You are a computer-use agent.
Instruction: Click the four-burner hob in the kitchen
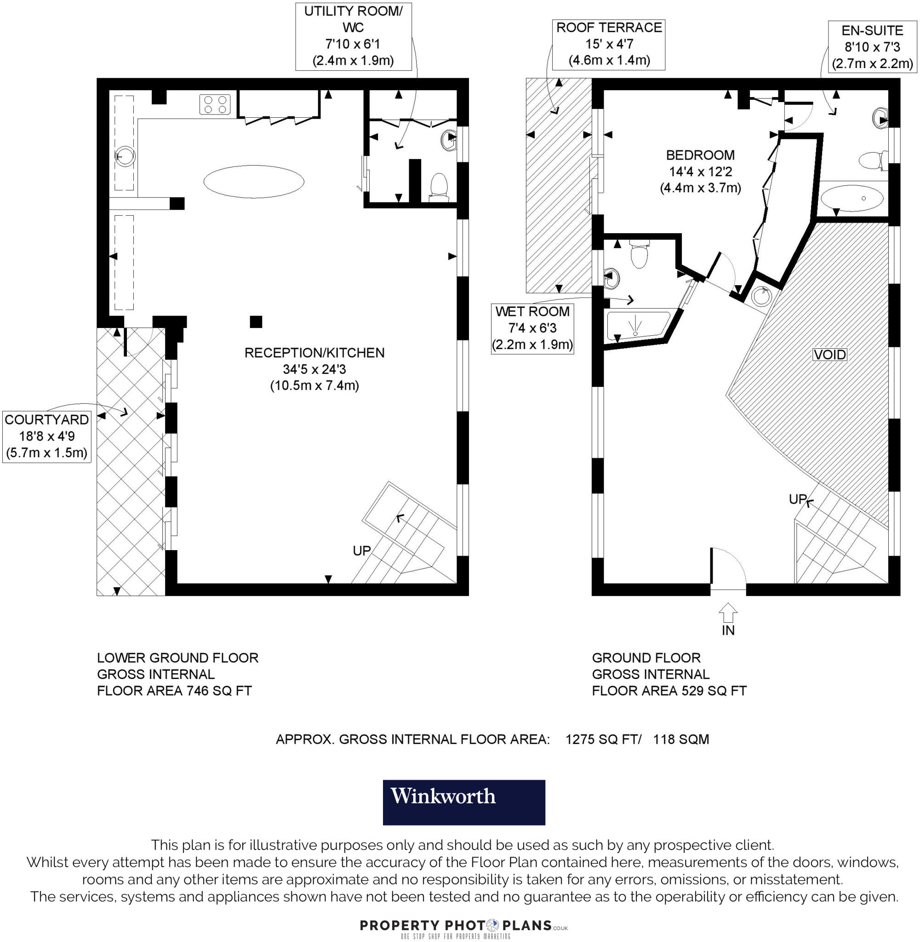coord(215,104)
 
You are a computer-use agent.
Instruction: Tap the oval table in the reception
coord(254,181)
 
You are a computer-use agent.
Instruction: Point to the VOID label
coord(829,354)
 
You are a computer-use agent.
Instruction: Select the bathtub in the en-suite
coord(852,198)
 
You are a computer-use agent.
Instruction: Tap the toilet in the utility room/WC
coord(439,187)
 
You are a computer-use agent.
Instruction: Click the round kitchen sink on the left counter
coord(125,156)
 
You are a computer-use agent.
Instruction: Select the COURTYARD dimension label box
coord(47,437)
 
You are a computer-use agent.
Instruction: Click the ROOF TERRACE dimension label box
coord(609,44)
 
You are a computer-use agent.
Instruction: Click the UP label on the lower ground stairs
coord(361,551)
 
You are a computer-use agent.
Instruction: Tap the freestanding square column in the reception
coord(256,322)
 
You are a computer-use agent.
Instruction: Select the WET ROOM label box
coord(532,328)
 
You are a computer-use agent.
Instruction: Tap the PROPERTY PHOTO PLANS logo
coord(463,925)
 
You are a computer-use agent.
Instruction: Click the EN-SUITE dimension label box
coord(872,47)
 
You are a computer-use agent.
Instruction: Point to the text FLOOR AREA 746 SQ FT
coord(174,691)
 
